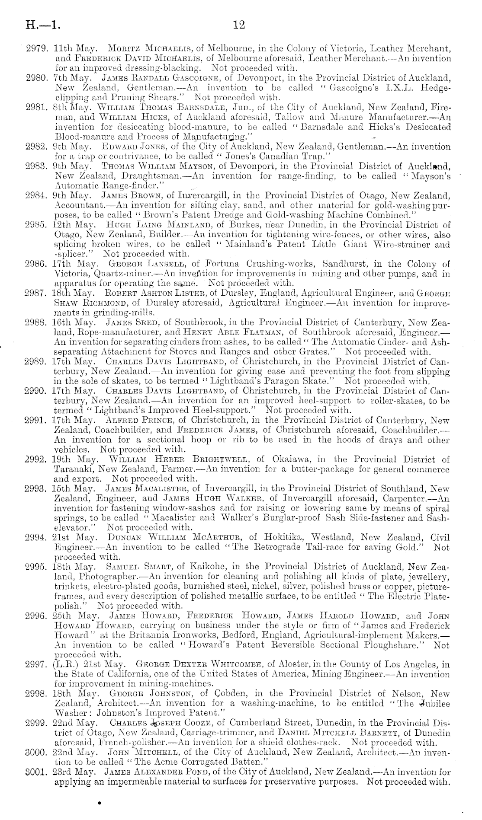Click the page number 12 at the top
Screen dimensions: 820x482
coord(239,25)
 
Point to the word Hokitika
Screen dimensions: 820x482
coord(283,538)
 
